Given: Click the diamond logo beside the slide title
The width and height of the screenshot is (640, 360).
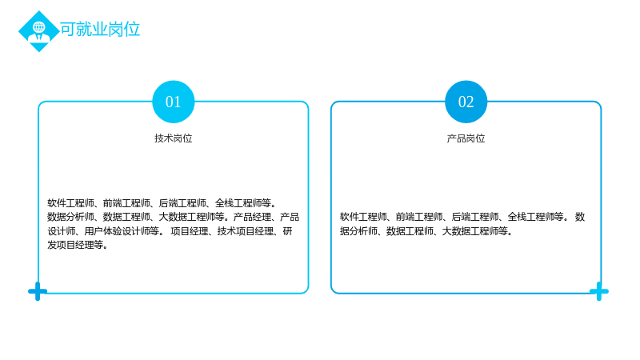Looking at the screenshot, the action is pos(39,31).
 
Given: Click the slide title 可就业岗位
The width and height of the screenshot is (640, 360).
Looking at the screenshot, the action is pos(101,30).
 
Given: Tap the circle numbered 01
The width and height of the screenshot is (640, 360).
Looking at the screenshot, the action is pos(174,102).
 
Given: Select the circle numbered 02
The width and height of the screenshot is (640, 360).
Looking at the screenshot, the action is pos(466,102).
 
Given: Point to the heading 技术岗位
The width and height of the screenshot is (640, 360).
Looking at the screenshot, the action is pos(174,138).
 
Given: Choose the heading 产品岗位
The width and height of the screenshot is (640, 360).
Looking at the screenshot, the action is pos(466,138).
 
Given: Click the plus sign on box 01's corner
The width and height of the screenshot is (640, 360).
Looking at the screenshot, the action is pos(38,291).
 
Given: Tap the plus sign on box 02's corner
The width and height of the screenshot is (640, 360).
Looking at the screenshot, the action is pos(599,291).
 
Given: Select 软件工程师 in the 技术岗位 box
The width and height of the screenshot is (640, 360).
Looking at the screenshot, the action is pos(70,203).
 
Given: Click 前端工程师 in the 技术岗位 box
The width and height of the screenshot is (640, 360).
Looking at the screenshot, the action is pos(126,203).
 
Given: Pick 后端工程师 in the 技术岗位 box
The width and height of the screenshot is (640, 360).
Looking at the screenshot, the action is pos(182,203).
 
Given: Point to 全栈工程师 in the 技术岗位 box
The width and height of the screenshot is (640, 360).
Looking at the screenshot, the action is pos(238,203).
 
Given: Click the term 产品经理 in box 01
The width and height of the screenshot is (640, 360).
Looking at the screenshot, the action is pos(252,217).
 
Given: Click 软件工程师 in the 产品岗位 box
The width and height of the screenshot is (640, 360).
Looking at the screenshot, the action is pos(363,217).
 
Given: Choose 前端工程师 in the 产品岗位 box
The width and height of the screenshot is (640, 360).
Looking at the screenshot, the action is pos(419,217).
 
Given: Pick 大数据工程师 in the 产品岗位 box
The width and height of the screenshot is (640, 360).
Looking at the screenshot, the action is pos(470,231).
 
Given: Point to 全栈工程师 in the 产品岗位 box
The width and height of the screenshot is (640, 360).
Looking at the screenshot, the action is pos(531,217).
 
